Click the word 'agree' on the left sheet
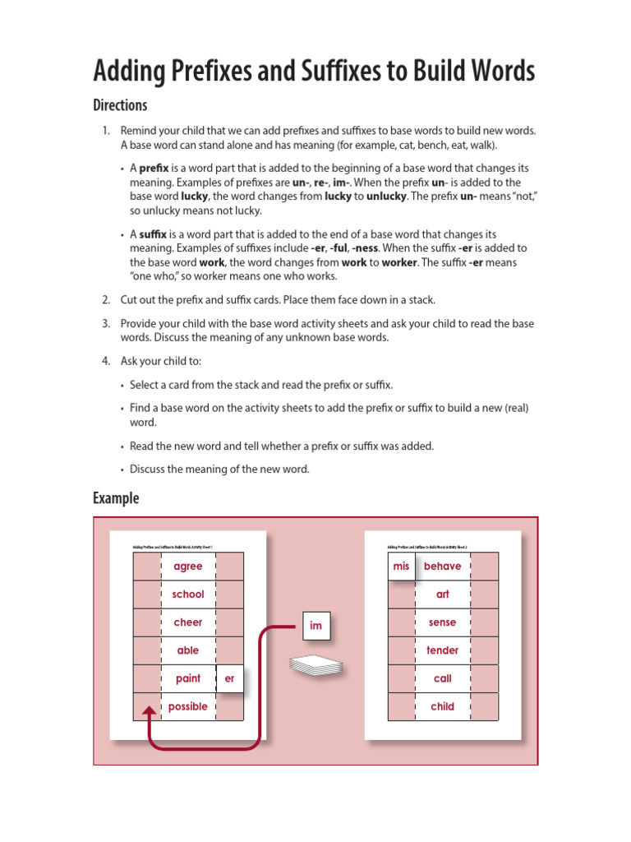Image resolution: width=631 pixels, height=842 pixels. [188, 567]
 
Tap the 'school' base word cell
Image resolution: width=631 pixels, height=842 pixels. [188, 594]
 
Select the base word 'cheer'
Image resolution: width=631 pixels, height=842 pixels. [188, 622]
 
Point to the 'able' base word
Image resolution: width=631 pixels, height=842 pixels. [188, 650]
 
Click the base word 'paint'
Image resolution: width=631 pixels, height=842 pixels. [188, 678]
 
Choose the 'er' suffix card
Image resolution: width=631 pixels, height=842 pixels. [229, 678]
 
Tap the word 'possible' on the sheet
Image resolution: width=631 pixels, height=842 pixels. [188, 706]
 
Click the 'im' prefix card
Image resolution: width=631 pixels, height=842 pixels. [315, 627]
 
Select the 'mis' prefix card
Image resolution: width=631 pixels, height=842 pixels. [401, 567]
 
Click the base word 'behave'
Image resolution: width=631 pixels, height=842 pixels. [443, 567]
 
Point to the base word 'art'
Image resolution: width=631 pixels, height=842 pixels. [443, 594]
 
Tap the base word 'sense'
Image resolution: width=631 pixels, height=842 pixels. [443, 622]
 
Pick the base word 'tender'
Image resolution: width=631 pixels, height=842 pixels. [443, 650]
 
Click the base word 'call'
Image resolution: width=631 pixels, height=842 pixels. [443, 678]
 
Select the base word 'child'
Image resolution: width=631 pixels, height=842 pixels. [443, 706]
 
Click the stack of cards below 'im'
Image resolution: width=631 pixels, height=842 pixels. [315, 666]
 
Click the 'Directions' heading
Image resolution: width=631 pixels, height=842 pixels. [120, 105]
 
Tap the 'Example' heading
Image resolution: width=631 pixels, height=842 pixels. [116, 498]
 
